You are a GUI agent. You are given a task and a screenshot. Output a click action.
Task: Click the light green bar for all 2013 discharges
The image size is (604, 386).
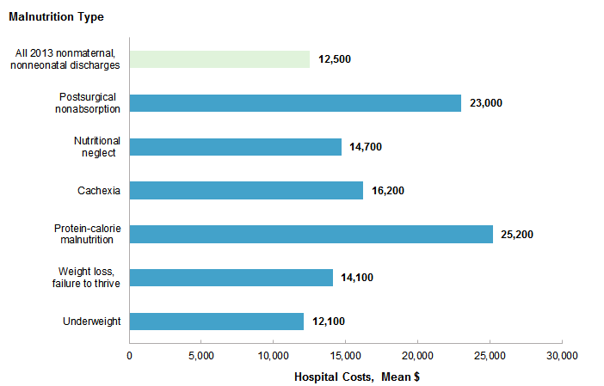tap(219, 59)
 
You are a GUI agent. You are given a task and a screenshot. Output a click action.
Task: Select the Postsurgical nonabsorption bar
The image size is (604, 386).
tap(295, 102)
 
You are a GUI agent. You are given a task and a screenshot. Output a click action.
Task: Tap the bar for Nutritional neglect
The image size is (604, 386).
tap(235, 147)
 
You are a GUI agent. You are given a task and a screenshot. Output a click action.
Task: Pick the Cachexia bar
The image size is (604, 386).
tap(246, 190)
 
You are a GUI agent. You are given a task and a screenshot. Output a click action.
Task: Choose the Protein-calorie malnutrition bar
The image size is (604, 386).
tap(311, 234)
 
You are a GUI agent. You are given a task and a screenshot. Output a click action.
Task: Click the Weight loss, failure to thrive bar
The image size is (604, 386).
tap(231, 278)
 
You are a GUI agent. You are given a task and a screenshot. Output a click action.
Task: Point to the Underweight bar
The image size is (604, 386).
tap(216, 322)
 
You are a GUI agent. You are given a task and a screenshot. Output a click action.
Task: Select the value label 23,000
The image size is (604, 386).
tap(486, 103)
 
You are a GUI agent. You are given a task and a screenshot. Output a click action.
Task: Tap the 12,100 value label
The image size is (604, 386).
tap(329, 322)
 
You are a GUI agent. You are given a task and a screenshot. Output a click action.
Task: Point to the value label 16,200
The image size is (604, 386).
tap(388, 191)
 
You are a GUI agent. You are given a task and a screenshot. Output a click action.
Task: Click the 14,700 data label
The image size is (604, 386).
tap(366, 147)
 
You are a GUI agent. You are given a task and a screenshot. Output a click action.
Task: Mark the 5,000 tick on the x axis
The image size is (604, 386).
tap(200, 355)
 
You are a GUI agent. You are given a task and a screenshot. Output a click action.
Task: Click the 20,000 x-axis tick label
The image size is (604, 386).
tap(417, 355)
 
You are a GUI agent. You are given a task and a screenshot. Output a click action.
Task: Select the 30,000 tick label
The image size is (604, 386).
tap(562, 355)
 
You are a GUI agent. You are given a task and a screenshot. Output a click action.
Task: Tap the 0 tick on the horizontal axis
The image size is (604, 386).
tap(129, 355)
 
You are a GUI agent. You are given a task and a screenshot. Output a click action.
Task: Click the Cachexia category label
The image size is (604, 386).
tap(99, 190)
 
